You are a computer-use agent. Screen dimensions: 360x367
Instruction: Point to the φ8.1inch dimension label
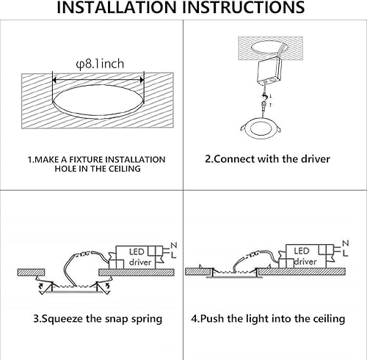click(x=98, y=64)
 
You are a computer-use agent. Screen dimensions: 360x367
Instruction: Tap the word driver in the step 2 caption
click(x=313, y=159)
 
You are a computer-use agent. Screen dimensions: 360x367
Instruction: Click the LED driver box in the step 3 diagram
click(x=139, y=256)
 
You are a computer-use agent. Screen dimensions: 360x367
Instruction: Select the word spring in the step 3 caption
click(x=145, y=319)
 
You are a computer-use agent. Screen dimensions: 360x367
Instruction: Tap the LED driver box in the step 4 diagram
click(x=306, y=256)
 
